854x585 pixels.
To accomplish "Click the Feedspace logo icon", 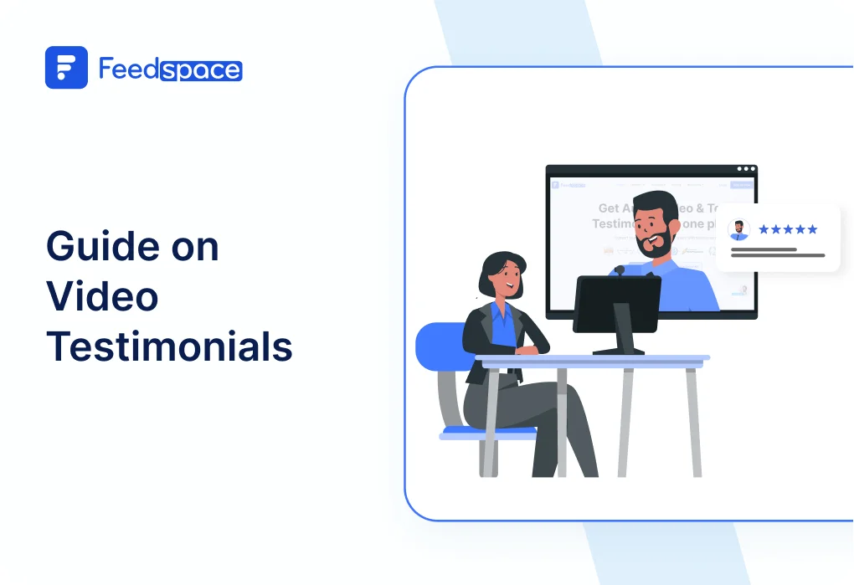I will [x=66, y=68].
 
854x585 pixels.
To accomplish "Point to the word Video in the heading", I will [x=101, y=296].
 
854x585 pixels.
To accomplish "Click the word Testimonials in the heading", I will [x=169, y=346].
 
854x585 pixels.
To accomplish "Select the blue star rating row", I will [x=787, y=229].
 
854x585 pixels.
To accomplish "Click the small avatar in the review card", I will [x=738, y=230].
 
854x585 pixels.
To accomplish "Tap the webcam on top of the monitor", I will [x=619, y=270].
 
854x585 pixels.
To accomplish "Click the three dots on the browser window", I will [x=745, y=169].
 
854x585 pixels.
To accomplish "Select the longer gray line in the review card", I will [x=777, y=255].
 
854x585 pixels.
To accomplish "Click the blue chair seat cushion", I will [x=488, y=433].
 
